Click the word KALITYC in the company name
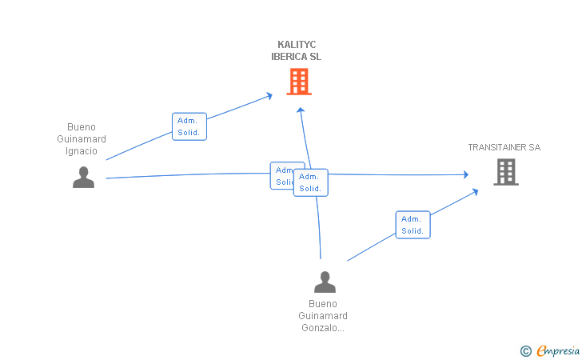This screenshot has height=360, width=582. (x=297, y=45)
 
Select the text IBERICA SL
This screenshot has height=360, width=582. (x=296, y=57)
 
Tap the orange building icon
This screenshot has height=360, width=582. (x=299, y=82)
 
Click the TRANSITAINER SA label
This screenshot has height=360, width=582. (x=504, y=147)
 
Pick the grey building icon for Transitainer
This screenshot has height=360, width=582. (x=506, y=172)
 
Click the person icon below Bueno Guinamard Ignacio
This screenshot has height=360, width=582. (x=83, y=178)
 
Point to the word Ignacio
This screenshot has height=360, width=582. (x=82, y=151)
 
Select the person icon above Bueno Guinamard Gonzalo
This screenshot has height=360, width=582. (x=325, y=282)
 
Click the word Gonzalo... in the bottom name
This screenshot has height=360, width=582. (x=323, y=328)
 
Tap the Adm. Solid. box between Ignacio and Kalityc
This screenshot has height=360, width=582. (x=189, y=126)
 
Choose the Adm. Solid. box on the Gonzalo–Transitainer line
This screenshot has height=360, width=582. (x=413, y=225)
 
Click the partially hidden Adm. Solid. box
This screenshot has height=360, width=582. (x=282, y=175)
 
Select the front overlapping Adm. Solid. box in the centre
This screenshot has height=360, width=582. (x=311, y=182)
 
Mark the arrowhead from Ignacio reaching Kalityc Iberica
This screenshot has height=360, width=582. (x=270, y=96)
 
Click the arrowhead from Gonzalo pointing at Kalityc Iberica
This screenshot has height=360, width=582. (x=301, y=110)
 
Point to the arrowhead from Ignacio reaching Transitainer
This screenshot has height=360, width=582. (x=466, y=174)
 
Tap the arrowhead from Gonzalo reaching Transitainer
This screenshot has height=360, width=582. (x=475, y=192)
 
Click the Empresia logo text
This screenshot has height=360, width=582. (x=558, y=350)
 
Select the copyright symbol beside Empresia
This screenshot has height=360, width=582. (x=525, y=351)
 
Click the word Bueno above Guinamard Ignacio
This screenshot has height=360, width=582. (x=82, y=127)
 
